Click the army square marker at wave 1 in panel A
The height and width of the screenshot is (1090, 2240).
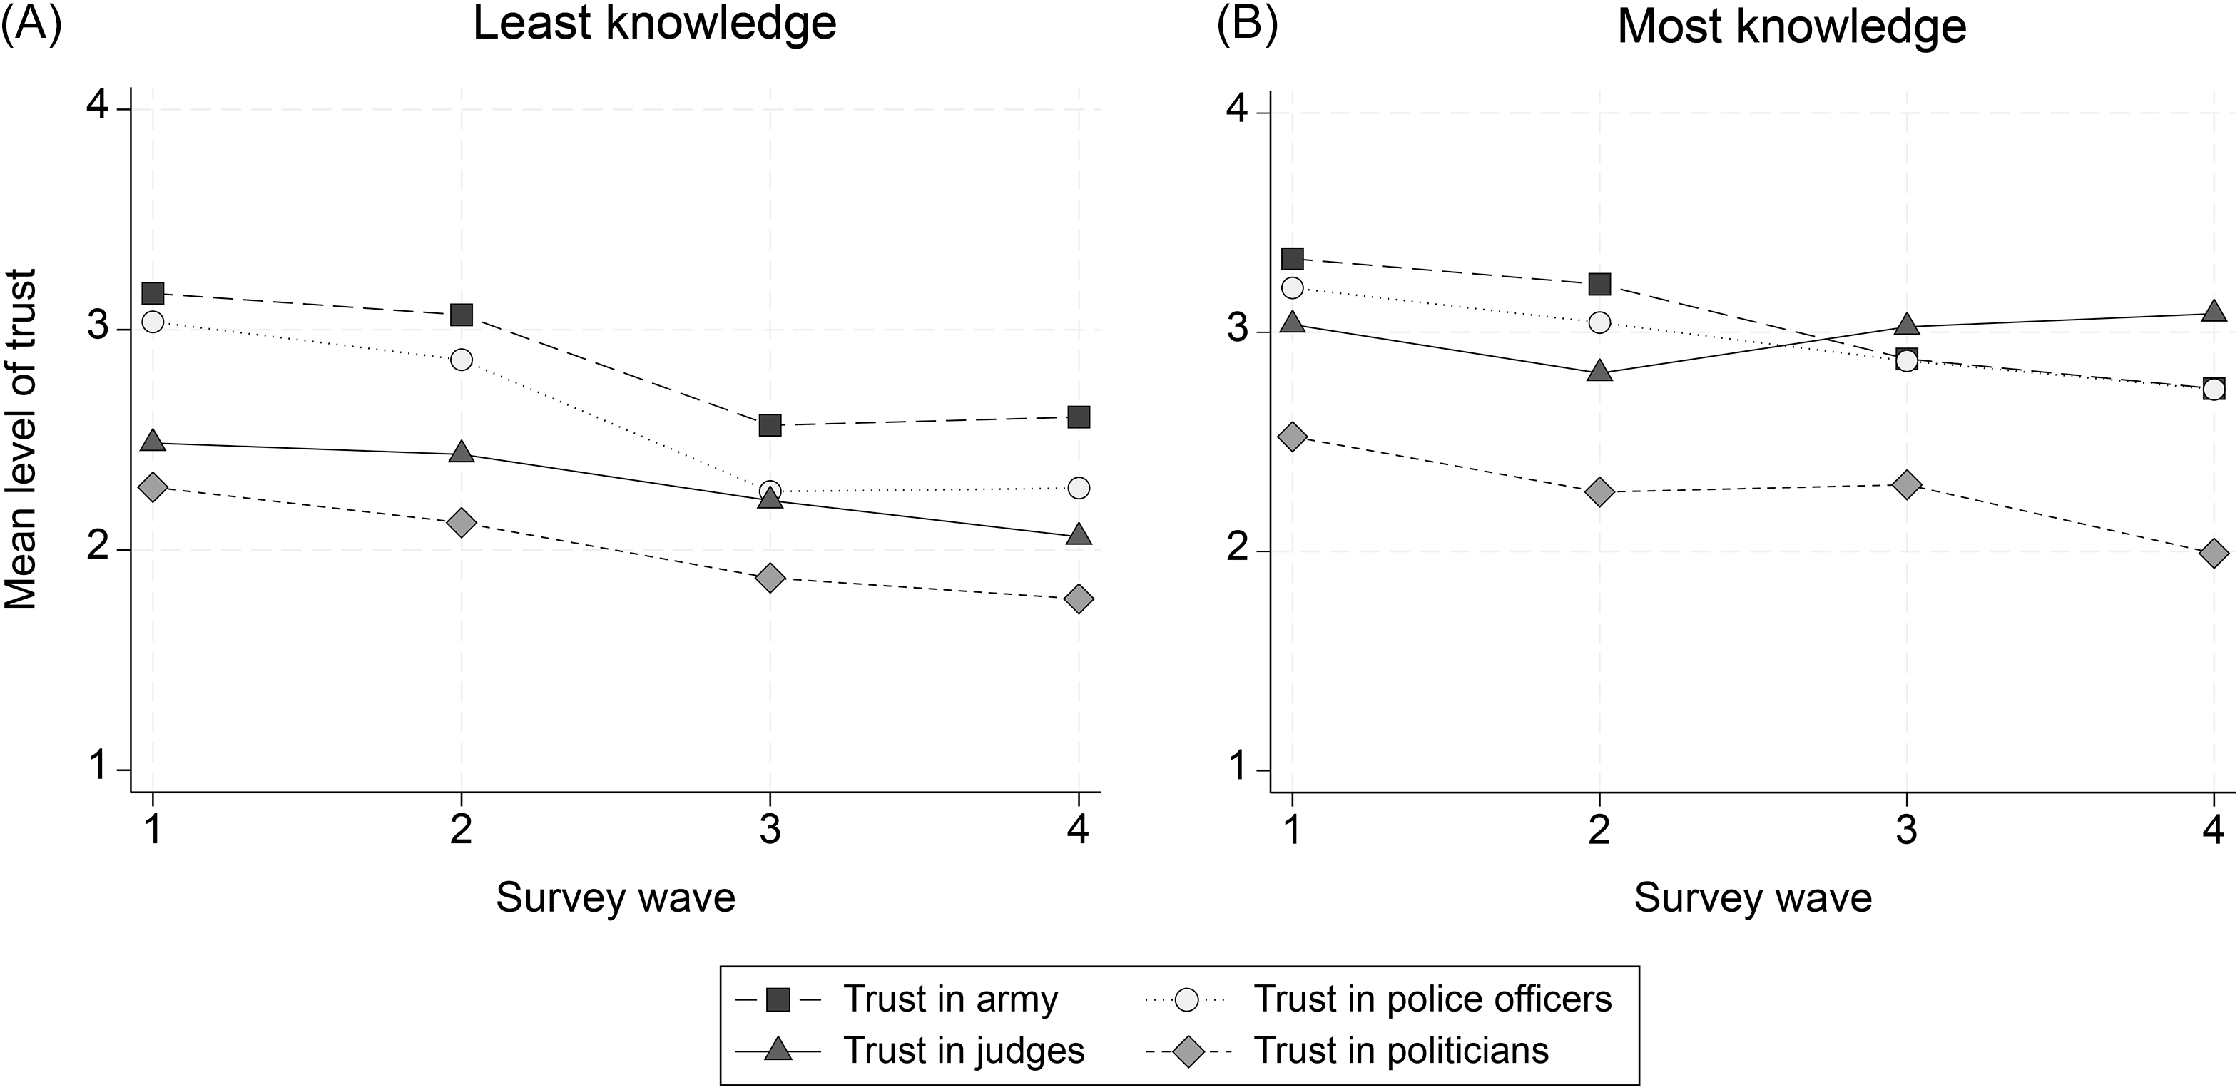(153, 293)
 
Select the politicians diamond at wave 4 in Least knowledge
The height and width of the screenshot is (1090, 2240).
(1078, 599)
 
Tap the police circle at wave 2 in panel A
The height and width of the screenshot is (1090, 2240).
(461, 360)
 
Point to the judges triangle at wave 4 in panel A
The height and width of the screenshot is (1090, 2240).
(1078, 534)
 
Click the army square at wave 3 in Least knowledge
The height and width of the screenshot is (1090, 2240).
(770, 425)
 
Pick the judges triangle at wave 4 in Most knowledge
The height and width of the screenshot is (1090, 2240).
(2214, 312)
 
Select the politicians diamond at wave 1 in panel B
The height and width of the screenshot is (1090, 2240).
(1293, 437)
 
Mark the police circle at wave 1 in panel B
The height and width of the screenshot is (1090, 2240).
(1293, 287)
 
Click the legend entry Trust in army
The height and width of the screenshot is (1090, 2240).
(950, 1000)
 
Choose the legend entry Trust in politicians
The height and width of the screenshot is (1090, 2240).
(1400, 1051)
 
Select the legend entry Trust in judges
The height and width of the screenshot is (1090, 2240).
(964, 1051)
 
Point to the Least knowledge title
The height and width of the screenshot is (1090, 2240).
(654, 24)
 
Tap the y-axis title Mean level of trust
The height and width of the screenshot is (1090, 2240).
(21, 439)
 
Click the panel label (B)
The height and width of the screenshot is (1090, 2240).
(1247, 24)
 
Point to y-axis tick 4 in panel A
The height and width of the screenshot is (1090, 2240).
(98, 108)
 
